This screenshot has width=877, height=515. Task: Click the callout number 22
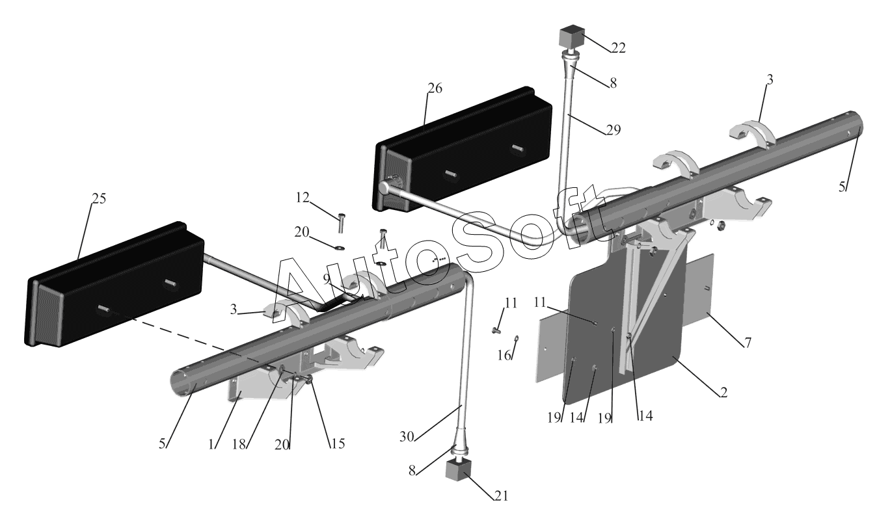click(618, 48)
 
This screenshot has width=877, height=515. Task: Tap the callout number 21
click(501, 496)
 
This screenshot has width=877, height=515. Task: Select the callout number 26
click(435, 88)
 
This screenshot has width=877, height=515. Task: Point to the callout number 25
click(99, 199)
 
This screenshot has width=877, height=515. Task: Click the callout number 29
click(613, 130)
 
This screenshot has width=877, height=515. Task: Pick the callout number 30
click(407, 437)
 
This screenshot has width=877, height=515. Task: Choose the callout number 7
click(748, 343)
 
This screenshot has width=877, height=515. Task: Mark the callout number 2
click(723, 393)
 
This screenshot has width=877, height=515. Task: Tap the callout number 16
click(504, 355)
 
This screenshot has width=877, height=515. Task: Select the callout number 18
click(239, 445)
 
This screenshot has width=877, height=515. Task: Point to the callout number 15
click(338, 443)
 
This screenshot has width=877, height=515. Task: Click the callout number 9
click(327, 278)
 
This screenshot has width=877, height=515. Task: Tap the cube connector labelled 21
click(457, 470)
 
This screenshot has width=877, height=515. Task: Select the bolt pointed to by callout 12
click(342, 222)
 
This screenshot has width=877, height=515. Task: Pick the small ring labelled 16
click(517, 339)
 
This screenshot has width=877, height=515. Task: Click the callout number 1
click(212, 445)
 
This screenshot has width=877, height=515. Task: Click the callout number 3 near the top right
click(770, 80)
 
